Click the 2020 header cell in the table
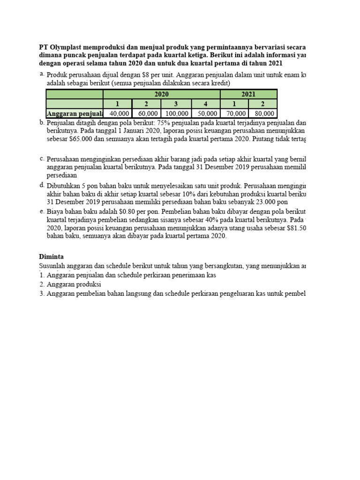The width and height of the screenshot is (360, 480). tap(161, 94)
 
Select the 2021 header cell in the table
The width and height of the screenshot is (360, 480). tap(248, 94)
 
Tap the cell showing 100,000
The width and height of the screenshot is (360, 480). tap(175, 113)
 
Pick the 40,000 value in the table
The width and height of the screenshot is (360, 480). tap(118, 113)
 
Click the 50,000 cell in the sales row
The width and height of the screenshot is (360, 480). tap(205, 113)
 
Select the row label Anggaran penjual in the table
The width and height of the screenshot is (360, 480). tap(75, 113)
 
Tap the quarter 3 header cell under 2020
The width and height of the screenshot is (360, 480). tap(175, 104)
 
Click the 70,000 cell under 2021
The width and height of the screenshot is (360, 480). tap(234, 113)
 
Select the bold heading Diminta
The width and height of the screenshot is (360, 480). tap(51, 256)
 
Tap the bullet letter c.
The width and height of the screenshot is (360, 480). tap(42, 158)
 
